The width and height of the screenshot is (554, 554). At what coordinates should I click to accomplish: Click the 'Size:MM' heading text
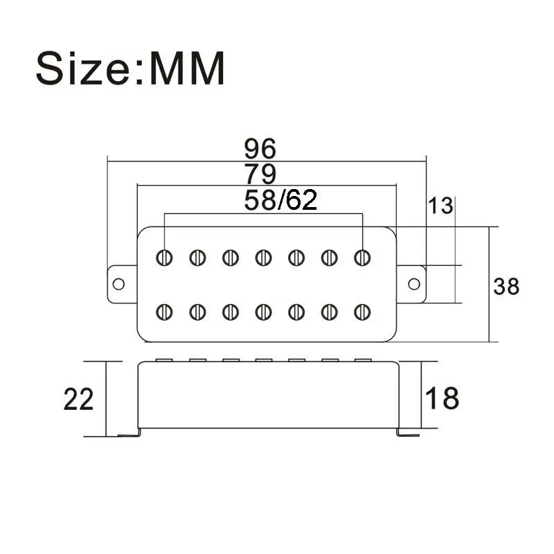tap(131, 67)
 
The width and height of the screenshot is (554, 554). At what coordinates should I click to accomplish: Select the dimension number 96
tap(260, 148)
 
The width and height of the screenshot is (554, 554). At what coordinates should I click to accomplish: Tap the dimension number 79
tap(260, 173)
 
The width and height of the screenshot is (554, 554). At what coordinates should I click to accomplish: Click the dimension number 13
tap(440, 206)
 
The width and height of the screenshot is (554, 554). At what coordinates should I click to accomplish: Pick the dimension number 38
tap(506, 285)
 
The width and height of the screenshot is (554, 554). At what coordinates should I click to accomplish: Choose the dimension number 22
tap(78, 400)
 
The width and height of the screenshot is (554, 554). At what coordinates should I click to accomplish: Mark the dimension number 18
tap(441, 399)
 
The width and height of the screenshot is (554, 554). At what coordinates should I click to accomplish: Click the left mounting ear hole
tap(119, 285)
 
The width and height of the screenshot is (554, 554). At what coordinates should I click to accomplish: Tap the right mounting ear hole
tap(414, 284)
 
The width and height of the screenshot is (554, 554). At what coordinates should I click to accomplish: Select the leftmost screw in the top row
tap(165, 258)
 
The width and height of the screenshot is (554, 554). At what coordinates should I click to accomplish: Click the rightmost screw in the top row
tap(361, 258)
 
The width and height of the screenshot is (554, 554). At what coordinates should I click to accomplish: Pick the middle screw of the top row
tap(263, 258)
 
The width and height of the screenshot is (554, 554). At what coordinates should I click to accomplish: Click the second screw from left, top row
tap(197, 258)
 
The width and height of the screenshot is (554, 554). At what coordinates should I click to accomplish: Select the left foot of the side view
tap(129, 434)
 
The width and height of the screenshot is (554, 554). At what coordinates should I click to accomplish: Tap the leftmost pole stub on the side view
tap(165, 360)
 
